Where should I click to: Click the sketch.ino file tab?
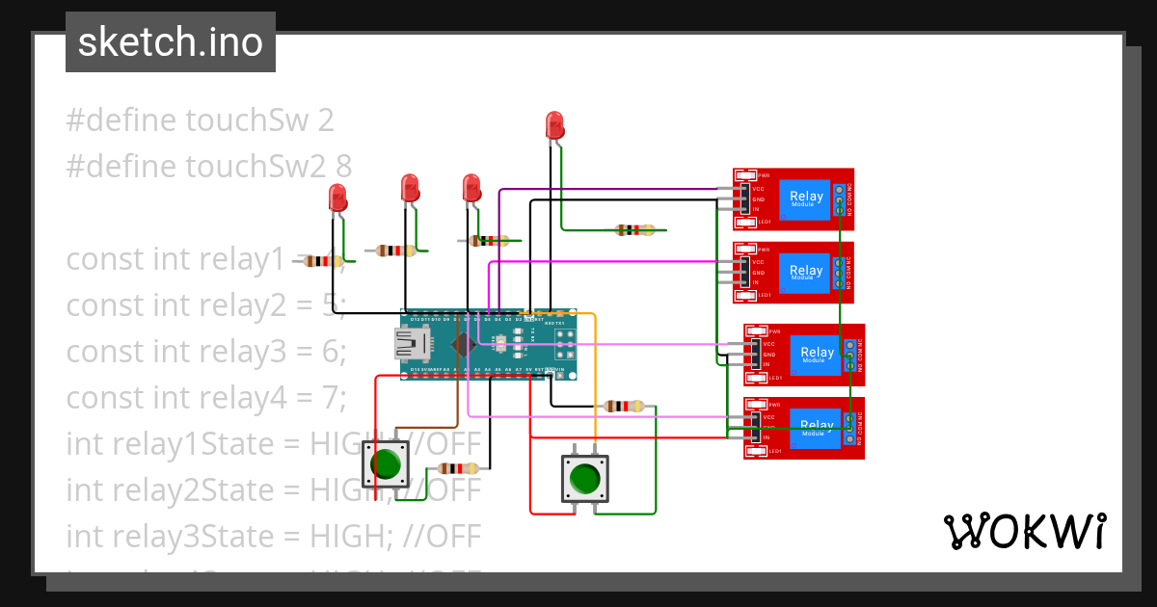click(x=171, y=42)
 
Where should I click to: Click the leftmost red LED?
click(x=338, y=198)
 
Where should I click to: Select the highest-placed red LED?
click(x=554, y=125)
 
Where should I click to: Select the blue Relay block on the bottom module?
click(x=816, y=427)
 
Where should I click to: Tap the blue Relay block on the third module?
click(x=816, y=354)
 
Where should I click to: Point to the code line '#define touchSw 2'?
click(x=201, y=120)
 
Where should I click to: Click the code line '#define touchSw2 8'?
click(x=208, y=166)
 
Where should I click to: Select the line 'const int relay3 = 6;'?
click(x=205, y=352)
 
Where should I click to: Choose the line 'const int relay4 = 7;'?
click(x=205, y=397)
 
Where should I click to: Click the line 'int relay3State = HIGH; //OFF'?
click(x=273, y=536)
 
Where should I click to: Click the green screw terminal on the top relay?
click(x=840, y=198)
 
